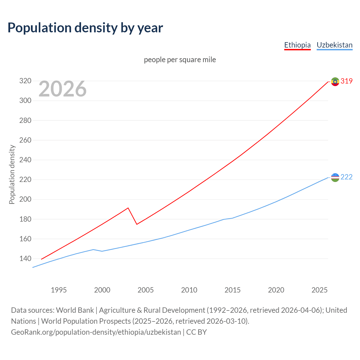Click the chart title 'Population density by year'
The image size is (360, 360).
pyautogui.click(x=85, y=28)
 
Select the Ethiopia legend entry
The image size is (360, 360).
pyautogui.click(x=297, y=45)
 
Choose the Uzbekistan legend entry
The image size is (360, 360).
pyautogui.click(x=334, y=45)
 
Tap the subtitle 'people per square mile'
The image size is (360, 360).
pyautogui.click(x=180, y=60)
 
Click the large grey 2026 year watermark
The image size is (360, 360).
pyautogui.click(x=62, y=89)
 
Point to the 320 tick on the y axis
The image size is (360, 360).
pyautogui.click(x=25, y=81)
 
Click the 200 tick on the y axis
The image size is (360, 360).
pyautogui.click(x=25, y=199)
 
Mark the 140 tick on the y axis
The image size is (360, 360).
pyautogui.click(x=25, y=258)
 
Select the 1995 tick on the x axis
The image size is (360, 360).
pyautogui.click(x=59, y=290)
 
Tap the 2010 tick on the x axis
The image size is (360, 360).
pyautogui.click(x=189, y=290)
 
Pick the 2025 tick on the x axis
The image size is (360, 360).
pyautogui.click(x=319, y=290)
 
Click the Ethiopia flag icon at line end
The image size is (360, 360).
pyautogui.click(x=335, y=82)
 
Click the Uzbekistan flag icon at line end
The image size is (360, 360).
pyautogui.click(x=335, y=177)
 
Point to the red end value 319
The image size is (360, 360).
pyautogui.click(x=346, y=81)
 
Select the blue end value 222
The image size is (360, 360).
pyautogui.click(x=346, y=177)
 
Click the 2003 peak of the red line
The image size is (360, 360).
pyautogui.click(x=128, y=208)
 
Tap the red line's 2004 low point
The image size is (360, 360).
pyautogui.click(x=137, y=224)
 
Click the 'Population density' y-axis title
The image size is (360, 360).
pyautogui.click(x=12, y=174)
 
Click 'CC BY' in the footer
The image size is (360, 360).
pyautogui.click(x=197, y=332)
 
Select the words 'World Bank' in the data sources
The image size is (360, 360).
pyautogui.click(x=75, y=310)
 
